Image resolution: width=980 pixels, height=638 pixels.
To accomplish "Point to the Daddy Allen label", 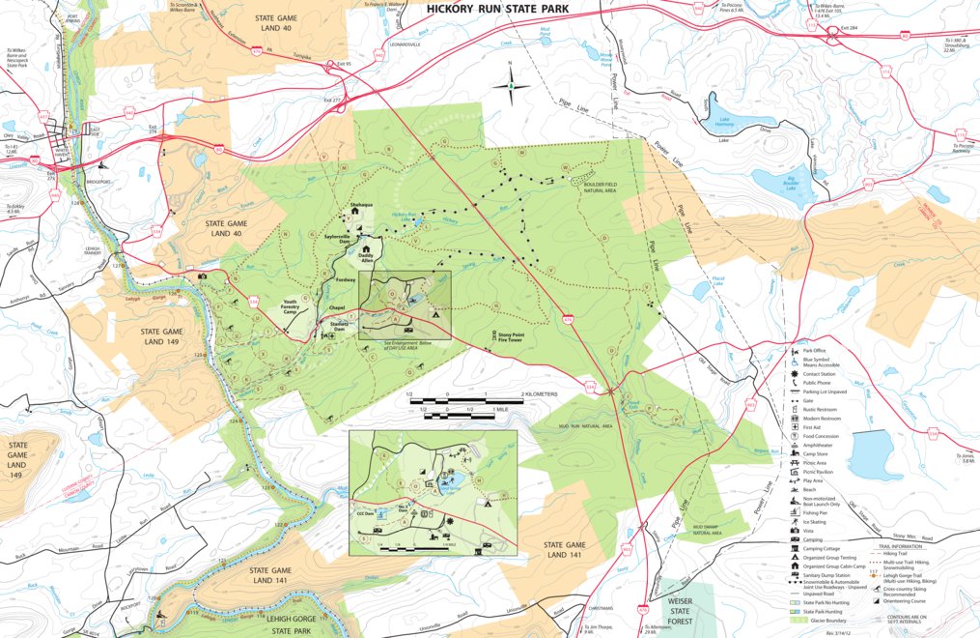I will pyautogui.click(x=366, y=258).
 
